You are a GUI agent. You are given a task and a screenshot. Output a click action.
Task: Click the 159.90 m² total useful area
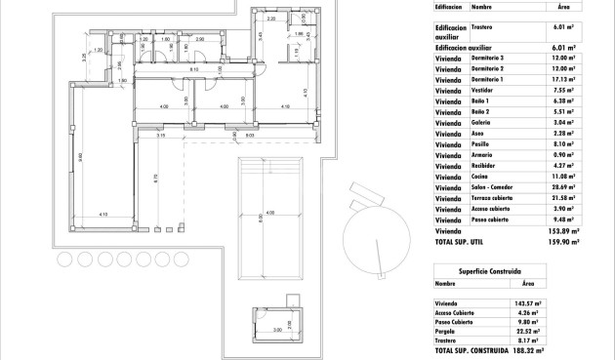[x=562, y=241]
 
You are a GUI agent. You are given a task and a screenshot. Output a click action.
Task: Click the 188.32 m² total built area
[x=527, y=349]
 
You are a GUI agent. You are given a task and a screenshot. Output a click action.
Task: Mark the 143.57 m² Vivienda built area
[x=528, y=303]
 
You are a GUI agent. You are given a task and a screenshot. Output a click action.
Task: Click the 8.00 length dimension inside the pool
[x=261, y=220]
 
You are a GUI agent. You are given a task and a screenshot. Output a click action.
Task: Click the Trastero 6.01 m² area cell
[x=565, y=28]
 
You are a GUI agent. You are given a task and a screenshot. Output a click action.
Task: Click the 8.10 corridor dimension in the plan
[x=194, y=69]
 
